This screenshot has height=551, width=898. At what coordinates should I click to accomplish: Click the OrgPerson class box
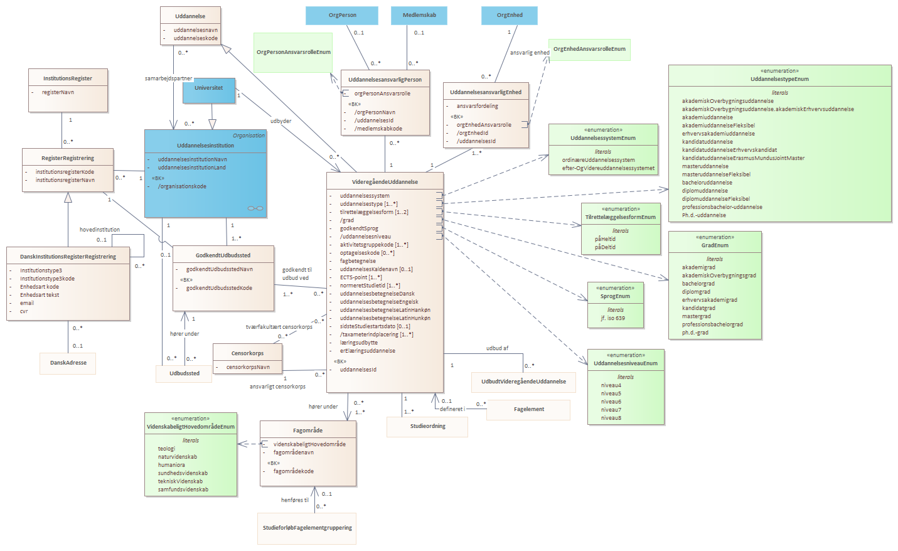click(341, 16)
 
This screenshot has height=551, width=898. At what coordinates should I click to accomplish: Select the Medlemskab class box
click(419, 16)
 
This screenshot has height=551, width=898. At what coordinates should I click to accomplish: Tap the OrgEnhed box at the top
click(509, 16)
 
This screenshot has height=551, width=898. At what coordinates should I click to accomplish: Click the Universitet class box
click(209, 90)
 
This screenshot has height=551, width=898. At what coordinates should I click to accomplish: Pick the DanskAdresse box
click(68, 363)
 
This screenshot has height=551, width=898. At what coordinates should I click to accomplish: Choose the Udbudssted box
click(184, 373)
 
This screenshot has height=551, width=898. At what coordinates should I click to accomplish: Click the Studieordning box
click(427, 427)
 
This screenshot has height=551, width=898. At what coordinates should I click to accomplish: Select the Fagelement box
click(528, 409)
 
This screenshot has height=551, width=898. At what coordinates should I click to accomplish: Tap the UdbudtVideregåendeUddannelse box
click(523, 382)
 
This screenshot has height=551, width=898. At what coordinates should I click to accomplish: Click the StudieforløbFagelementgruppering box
click(307, 528)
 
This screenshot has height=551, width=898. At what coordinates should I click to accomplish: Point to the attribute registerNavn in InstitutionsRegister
click(58, 92)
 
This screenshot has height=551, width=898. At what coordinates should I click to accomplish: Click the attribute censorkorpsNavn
click(248, 367)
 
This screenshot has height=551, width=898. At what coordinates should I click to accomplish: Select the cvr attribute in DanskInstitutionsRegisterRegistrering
click(24, 311)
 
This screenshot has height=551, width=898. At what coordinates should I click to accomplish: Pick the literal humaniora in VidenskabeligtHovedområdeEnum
click(171, 465)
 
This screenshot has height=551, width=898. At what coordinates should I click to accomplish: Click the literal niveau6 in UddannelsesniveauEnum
click(611, 402)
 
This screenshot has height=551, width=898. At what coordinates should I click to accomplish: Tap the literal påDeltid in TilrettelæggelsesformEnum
click(605, 247)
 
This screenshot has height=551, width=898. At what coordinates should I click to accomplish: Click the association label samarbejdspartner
click(168, 78)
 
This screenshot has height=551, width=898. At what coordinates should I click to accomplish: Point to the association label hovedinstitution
click(99, 230)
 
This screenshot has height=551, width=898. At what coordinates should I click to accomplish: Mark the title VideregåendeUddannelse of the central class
click(385, 182)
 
